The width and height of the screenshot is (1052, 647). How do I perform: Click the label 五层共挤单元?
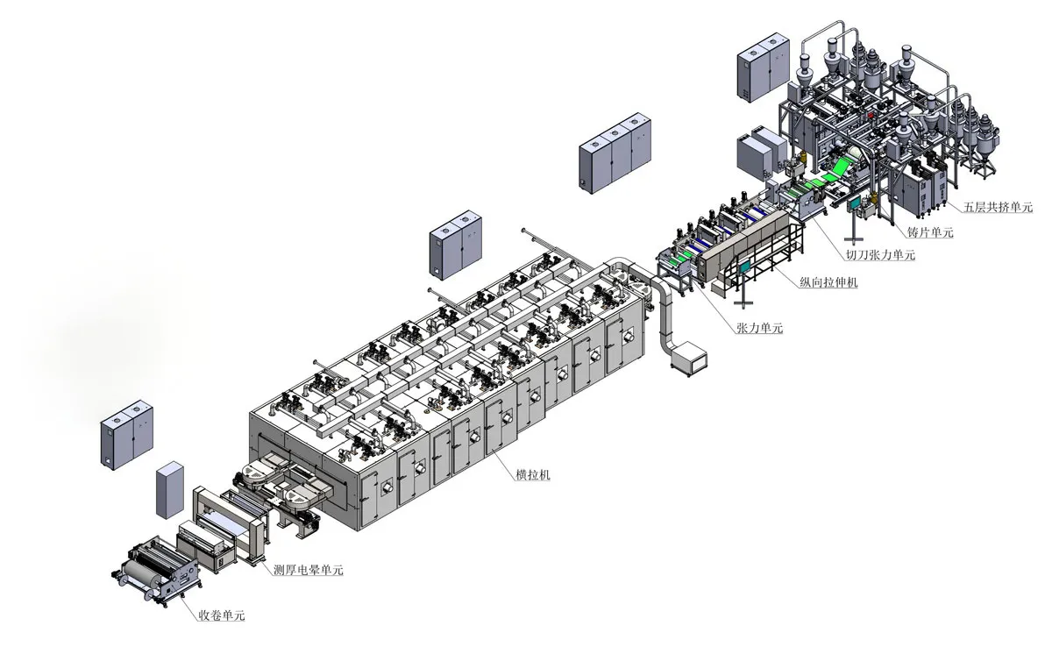(998, 207)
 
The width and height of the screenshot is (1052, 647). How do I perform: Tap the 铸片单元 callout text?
(930, 232)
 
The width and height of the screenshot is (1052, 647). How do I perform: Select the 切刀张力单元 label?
(880, 255)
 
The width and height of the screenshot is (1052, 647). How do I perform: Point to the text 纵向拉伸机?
(828, 282)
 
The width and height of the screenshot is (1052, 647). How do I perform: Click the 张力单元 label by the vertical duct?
(760, 328)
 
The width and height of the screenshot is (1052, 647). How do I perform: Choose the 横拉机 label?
(533, 474)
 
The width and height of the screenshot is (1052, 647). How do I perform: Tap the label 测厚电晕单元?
(308, 570)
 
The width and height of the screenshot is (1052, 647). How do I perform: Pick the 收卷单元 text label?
(222, 615)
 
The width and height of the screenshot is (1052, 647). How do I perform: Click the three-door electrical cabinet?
(615, 153)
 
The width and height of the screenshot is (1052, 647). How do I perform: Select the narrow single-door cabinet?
(169, 490)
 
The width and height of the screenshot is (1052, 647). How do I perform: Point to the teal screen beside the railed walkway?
(745, 267)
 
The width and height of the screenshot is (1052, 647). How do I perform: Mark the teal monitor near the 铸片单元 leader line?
(854, 203)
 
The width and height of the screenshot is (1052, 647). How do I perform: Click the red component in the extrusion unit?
(871, 115)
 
